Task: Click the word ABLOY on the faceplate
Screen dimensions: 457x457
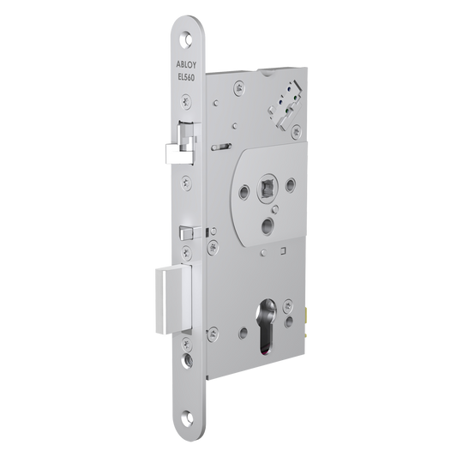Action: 186,64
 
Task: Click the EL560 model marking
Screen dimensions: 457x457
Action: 186,77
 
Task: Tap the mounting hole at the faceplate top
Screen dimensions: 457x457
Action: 186,39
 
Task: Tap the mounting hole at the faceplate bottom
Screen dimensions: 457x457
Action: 187,418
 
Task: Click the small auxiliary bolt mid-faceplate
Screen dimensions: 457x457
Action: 190,233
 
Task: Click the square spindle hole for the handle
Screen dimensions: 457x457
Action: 267,188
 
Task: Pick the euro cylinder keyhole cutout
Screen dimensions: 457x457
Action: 267,327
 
